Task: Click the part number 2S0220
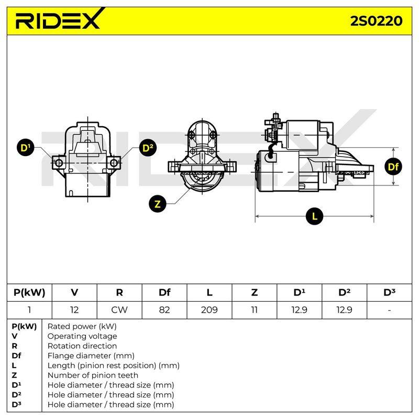[x=376, y=21]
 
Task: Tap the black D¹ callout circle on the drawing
[x=25, y=148]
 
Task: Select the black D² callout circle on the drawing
[x=148, y=148]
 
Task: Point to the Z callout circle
[x=158, y=204]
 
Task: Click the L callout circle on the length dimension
[x=314, y=216]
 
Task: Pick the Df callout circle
[x=393, y=167]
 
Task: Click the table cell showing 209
[x=209, y=310]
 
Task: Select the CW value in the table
[x=119, y=310]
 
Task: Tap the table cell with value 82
[x=164, y=310]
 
